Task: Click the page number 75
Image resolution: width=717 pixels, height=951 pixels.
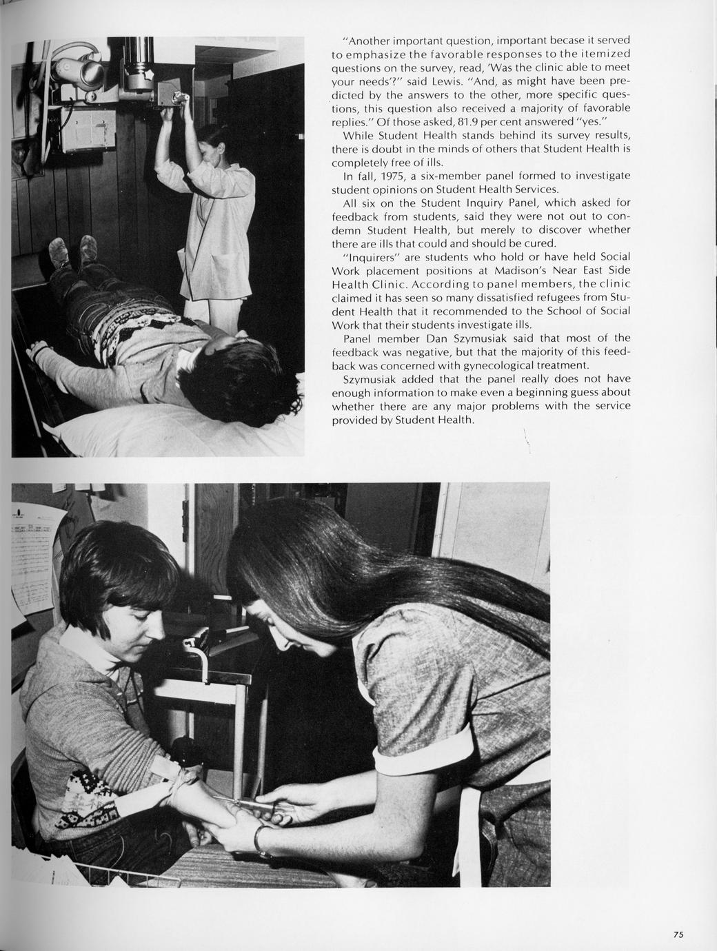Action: pyautogui.click(x=678, y=934)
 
